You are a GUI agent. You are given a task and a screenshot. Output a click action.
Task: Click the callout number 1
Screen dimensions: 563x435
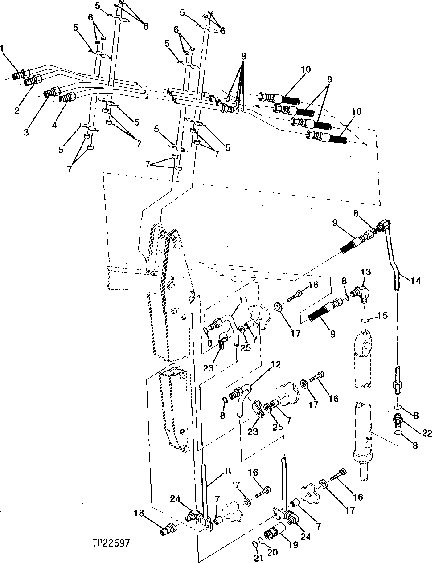[4, 48]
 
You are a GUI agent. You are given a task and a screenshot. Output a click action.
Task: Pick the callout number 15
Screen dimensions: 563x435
[383, 316]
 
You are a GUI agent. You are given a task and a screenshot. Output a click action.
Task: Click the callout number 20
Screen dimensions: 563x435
[272, 552]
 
